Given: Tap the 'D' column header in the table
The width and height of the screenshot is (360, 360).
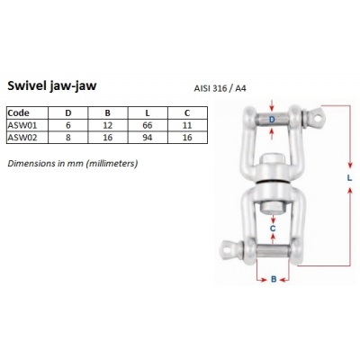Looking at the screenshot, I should [x=71, y=112].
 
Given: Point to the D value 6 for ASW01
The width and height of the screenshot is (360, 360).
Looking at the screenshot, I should [x=71, y=124].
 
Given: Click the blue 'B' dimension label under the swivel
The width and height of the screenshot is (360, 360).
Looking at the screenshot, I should [x=274, y=279].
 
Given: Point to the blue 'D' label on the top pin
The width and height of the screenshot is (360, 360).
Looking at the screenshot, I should [x=274, y=119].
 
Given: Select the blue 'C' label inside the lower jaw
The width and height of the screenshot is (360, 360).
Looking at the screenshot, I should [x=274, y=229].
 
